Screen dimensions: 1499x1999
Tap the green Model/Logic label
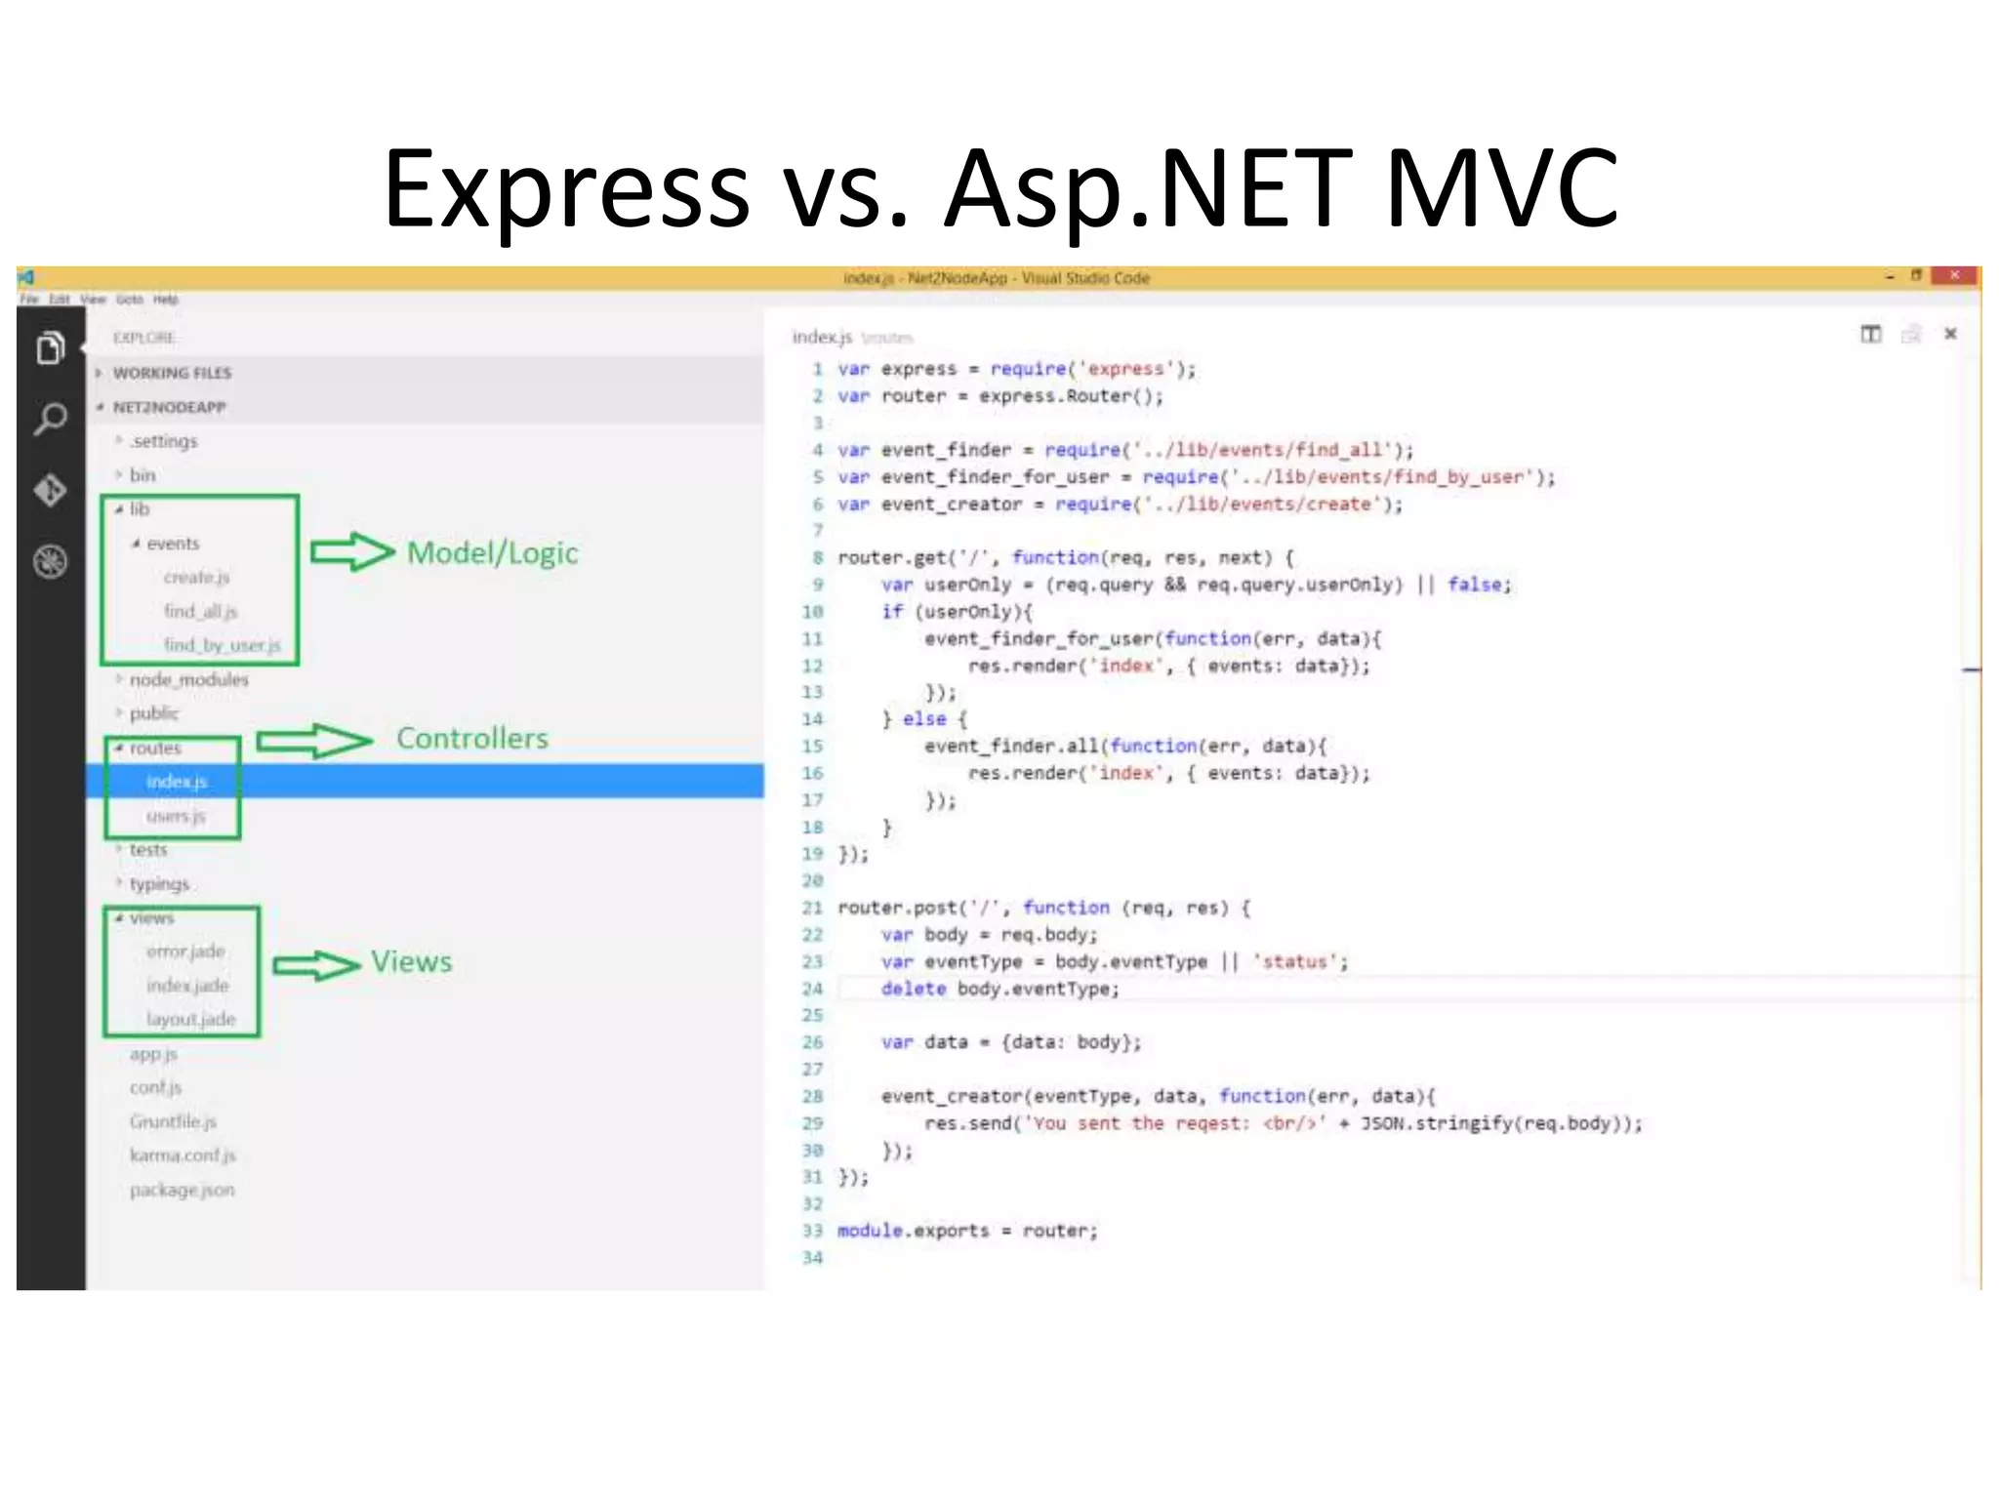492,553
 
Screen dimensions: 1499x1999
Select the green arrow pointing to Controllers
314,742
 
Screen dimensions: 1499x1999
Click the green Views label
411,962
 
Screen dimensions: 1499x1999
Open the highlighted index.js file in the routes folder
177,782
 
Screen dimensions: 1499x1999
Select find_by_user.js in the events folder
222,645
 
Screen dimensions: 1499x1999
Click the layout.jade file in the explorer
191,1019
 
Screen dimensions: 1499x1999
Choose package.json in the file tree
182,1190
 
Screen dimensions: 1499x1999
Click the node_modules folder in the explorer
188,679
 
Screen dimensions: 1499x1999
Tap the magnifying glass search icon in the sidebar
51,420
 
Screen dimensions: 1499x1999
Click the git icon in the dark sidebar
51,490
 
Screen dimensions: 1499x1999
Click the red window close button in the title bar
1954,276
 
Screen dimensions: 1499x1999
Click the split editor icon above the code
1870,335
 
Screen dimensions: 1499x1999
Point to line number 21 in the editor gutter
812,908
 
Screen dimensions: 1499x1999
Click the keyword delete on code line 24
913,989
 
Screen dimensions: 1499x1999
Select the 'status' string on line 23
1294,962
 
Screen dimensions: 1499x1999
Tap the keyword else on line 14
924,719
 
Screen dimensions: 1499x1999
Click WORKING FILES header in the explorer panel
172,373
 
